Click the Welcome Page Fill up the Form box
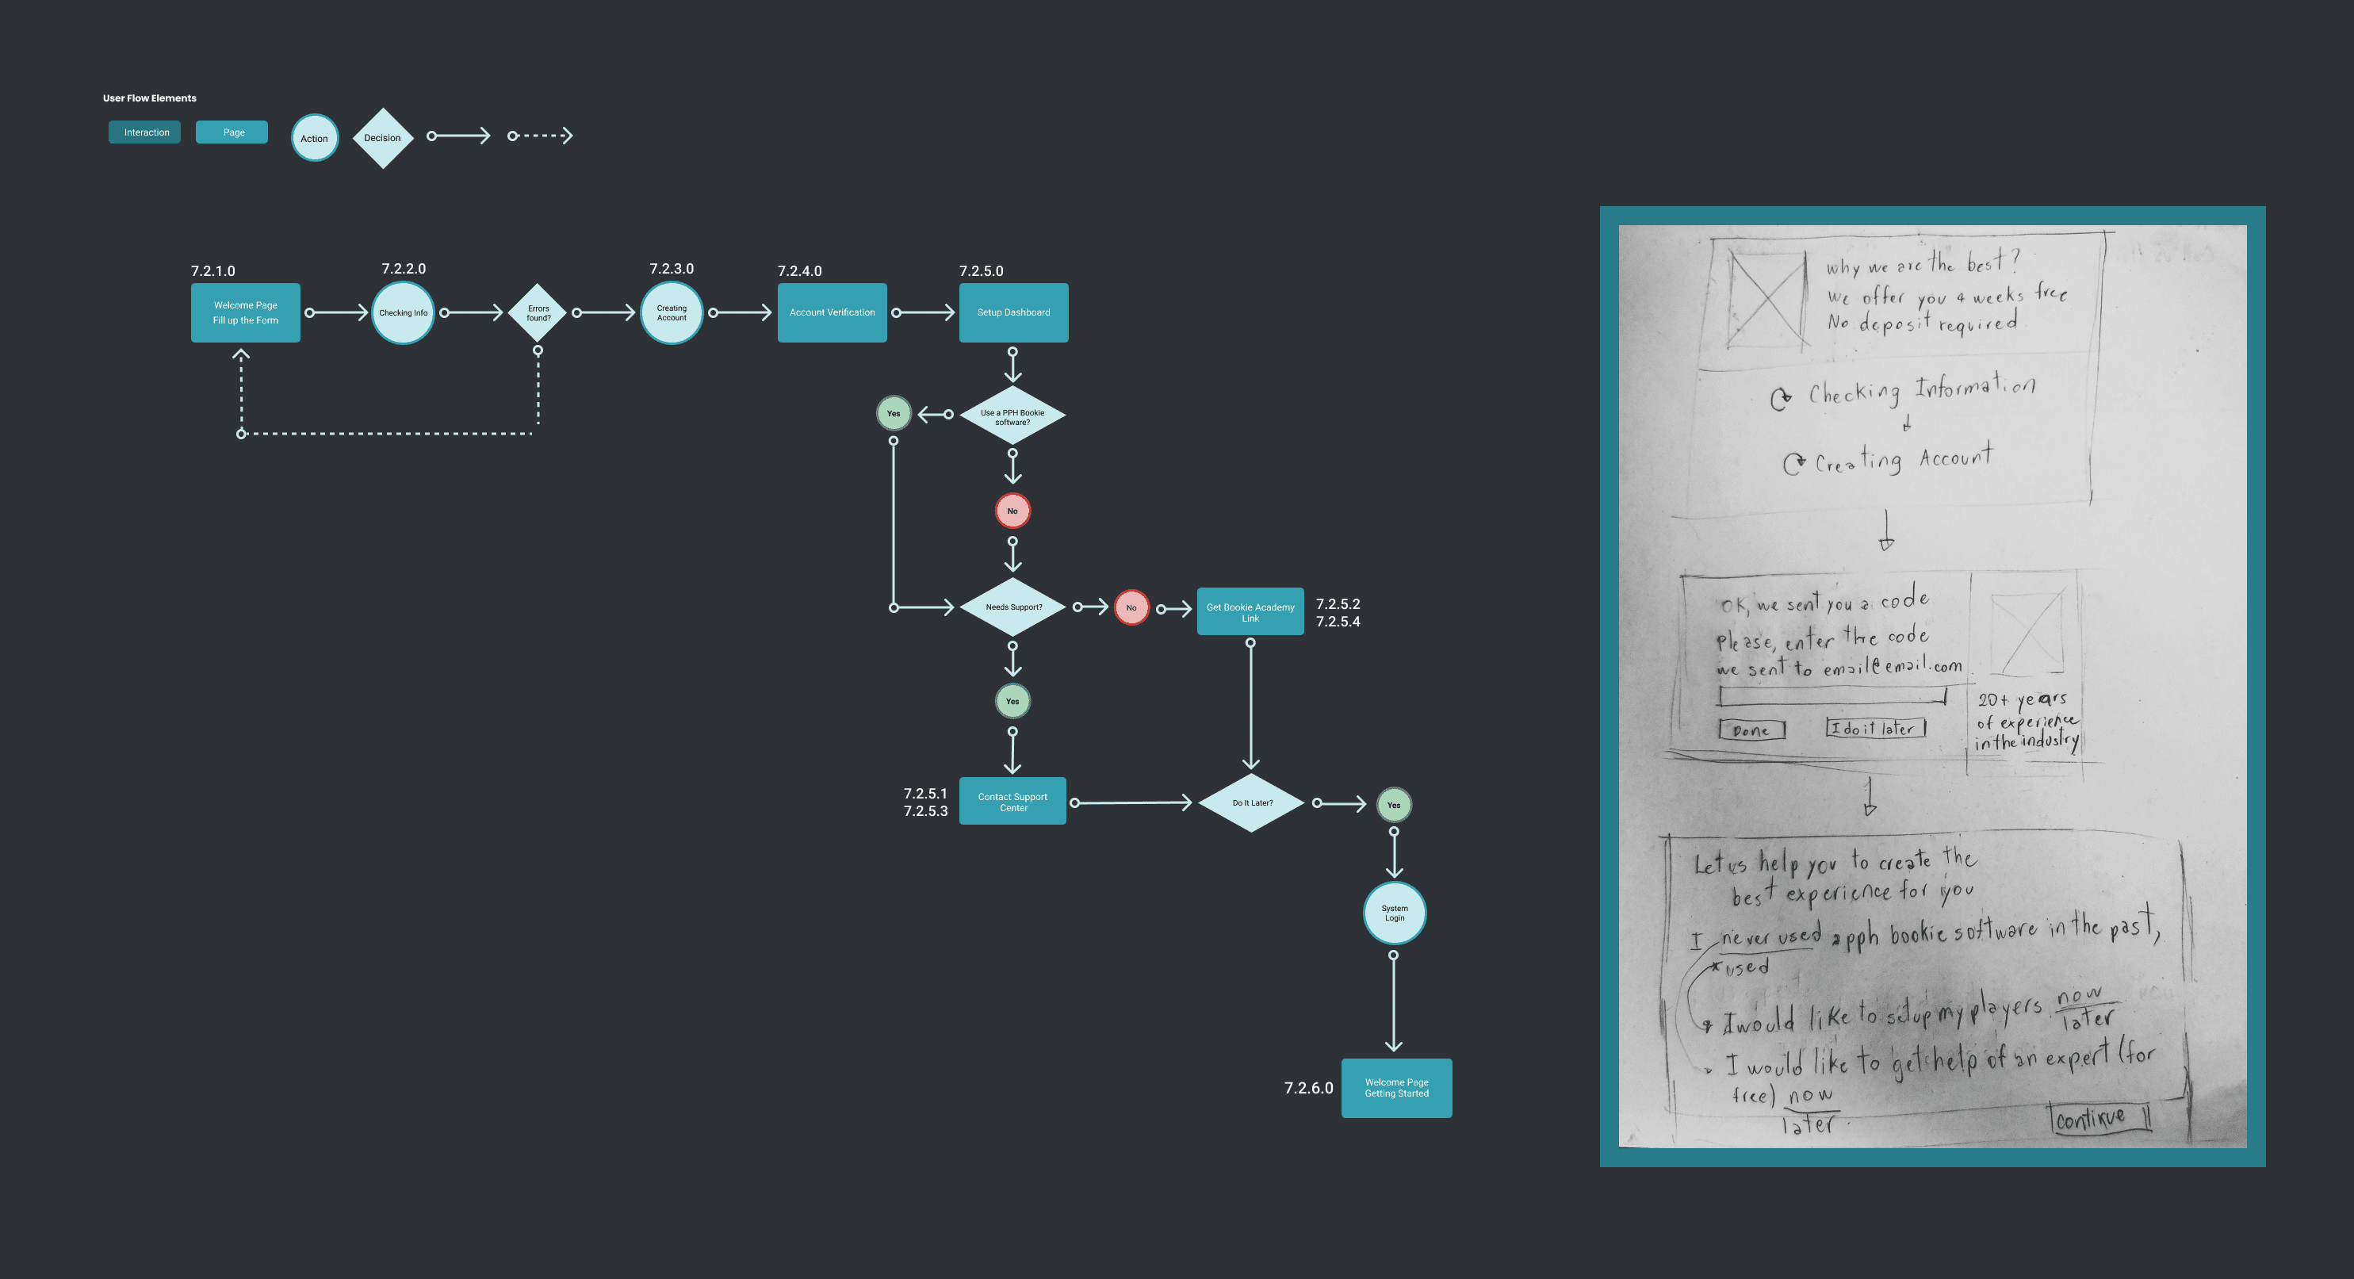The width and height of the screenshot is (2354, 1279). coord(245,312)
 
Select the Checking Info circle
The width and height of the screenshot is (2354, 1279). coord(403,312)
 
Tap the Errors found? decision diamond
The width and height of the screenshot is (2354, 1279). coord(538,312)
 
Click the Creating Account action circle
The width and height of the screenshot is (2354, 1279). coord(672,312)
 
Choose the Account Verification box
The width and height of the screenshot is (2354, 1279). coord(832,312)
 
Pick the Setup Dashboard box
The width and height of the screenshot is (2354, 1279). coord(1013,312)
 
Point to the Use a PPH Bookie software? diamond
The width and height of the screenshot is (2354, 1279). coord(1012,417)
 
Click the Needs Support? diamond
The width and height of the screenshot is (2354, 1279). coord(1013,607)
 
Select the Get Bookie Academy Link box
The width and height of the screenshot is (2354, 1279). coord(1250,611)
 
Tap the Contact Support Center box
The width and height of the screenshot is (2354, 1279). coord(1012,802)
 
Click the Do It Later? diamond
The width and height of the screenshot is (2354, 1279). coord(1252,802)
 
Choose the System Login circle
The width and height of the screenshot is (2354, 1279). coord(1395,913)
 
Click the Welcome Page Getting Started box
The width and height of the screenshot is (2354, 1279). coord(1396,1088)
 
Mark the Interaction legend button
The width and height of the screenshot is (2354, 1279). coord(145,132)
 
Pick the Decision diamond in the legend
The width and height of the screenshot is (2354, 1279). coord(383,138)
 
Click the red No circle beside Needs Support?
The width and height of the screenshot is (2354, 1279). coord(1131,608)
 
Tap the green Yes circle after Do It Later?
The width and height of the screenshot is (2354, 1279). coord(1394,806)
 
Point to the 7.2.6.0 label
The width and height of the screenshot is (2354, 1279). coord(1308,1088)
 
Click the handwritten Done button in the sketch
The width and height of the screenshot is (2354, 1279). coord(1751,730)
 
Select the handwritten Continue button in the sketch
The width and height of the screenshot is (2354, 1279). coord(2099,1118)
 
